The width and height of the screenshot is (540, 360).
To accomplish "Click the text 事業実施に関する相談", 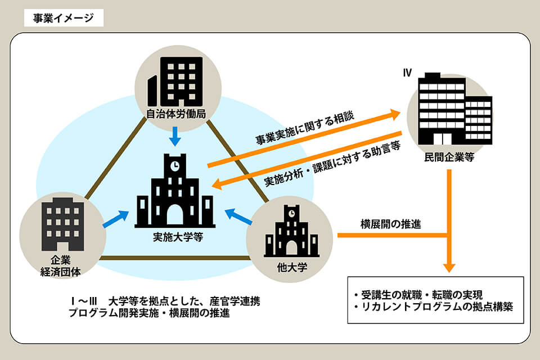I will [x=305, y=127].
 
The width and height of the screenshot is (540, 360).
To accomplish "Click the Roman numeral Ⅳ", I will [x=408, y=73].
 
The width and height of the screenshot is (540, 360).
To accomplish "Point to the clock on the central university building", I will [x=175, y=166].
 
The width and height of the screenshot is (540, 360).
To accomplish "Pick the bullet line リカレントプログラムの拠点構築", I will [x=433, y=308].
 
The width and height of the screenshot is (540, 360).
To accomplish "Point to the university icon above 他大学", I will [x=291, y=233].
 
